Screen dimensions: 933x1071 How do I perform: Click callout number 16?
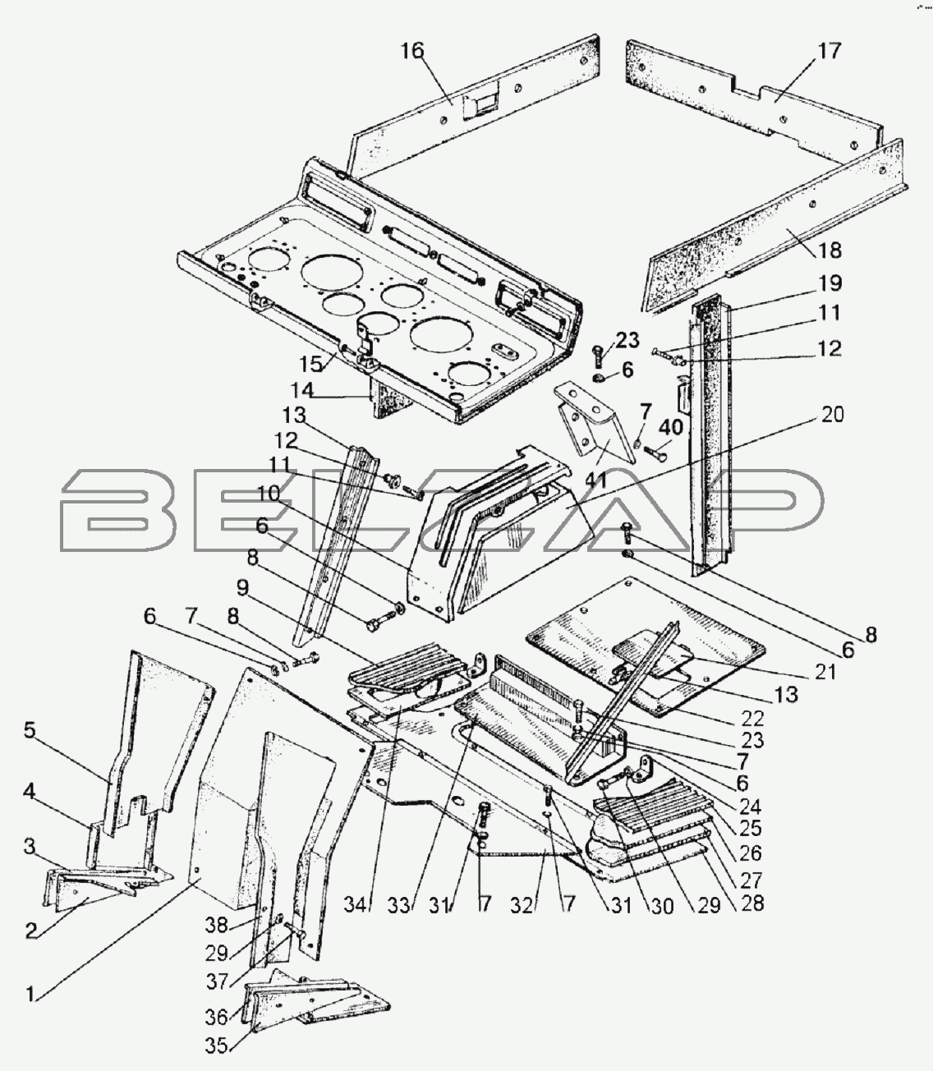(412, 51)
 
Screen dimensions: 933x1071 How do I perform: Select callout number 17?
(830, 51)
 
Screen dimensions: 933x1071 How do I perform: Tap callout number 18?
(830, 251)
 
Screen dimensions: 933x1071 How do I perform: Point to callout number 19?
(830, 283)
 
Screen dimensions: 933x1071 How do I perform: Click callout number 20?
(832, 415)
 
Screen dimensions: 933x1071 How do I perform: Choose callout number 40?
(670, 428)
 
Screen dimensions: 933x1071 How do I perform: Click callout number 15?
(312, 363)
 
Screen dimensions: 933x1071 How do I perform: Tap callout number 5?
(30, 730)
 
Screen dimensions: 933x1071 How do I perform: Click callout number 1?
(30, 995)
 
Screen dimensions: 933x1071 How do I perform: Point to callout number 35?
(216, 1046)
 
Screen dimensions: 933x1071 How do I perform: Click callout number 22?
(752, 719)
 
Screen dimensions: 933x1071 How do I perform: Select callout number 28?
(751, 903)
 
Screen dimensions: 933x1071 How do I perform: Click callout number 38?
(216, 926)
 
